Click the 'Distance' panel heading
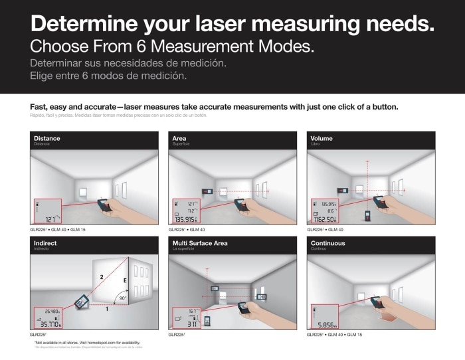(46, 138)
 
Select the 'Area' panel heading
(179, 138)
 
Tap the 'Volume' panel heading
(322, 138)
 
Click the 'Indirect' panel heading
(45, 243)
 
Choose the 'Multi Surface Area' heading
(199, 243)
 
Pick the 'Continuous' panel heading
(327, 243)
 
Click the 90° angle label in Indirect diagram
(122, 298)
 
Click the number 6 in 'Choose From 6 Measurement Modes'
(159, 47)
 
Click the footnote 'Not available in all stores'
(86, 341)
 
